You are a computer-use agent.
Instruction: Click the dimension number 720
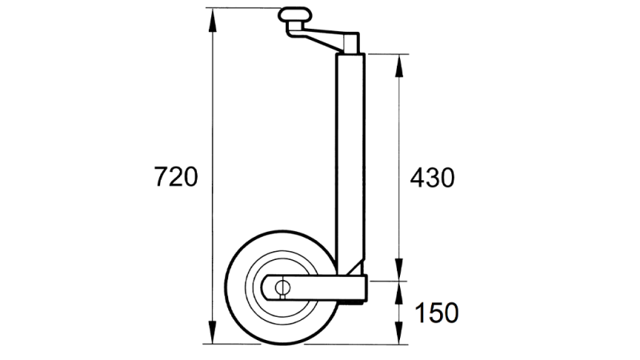[175, 177]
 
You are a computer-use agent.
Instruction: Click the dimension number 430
[432, 177]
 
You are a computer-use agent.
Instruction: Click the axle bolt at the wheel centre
[282, 287]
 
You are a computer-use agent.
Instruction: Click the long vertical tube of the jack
[351, 160]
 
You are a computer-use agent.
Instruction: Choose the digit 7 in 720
[160, 177]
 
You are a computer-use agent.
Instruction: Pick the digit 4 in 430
[417, 177]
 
